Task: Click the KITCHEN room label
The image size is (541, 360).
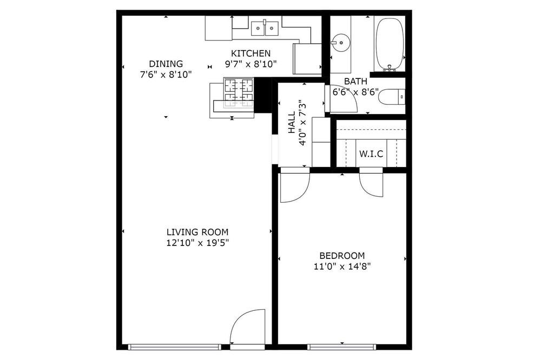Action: (x=250, y=54)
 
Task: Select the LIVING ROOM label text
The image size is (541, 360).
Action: (x=197, y=232)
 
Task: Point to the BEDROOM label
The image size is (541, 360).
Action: (x=342, y=256)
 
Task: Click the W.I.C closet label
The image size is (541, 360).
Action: (x=371, y=154)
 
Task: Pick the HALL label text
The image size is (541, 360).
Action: (x=292, y=122)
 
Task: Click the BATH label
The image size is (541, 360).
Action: (x=356, y=82)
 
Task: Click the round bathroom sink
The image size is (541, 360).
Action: (x=341, y=43)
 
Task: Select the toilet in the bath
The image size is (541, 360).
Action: (x=392, y=97)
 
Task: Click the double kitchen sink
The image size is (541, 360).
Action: (x=265, y=28)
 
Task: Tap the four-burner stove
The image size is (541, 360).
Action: (x=239, y=93)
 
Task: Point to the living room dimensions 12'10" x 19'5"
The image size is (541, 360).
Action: (x=197, y=243)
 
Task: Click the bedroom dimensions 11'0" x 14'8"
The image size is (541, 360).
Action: (x=342, y=266)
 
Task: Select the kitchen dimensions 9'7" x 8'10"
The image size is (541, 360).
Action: (x=251, y=64)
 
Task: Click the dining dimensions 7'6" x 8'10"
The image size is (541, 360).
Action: (x=166, y=75)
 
